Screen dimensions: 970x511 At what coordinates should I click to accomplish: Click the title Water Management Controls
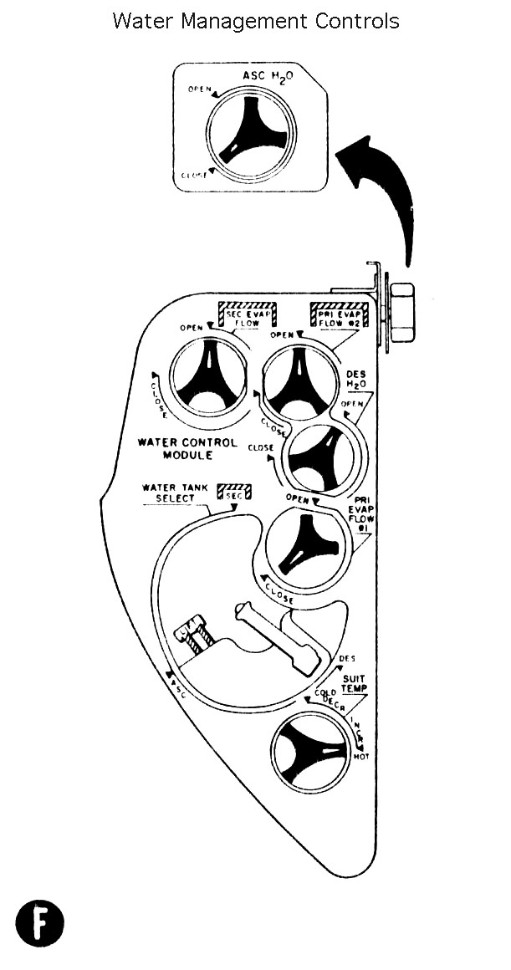coord(255,21)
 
